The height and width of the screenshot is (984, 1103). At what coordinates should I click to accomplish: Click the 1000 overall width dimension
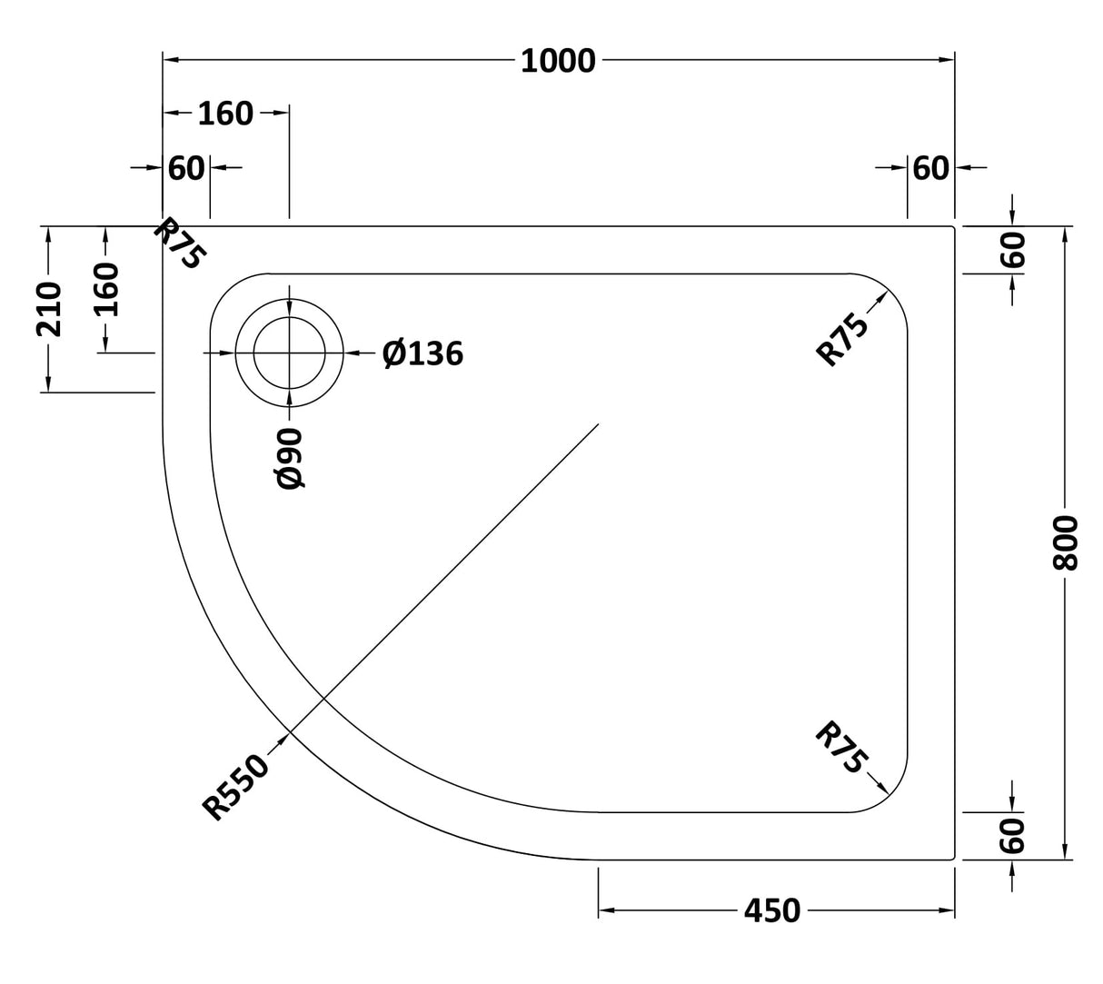(558, 61)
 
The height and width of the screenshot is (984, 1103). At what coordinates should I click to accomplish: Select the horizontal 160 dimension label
(225, 114)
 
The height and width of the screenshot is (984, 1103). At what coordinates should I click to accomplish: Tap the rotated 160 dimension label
(106, 288)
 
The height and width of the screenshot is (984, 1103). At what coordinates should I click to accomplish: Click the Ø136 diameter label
(422, 353)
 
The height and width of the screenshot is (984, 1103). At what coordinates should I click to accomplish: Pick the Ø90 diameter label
(290, 458)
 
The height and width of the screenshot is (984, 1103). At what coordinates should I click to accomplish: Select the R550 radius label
(236, 788)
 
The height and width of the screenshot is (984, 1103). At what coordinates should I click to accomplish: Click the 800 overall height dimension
(1064, 542)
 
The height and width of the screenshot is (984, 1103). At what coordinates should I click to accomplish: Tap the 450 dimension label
(772, 909)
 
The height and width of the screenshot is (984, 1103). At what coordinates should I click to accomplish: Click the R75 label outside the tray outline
(179, 243)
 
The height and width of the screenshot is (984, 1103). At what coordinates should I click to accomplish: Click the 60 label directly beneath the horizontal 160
(186, 168)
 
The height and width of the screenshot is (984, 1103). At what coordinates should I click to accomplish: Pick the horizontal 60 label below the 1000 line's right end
(930, 168)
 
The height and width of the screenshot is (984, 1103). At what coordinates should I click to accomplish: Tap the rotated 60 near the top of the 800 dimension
(1014, 249)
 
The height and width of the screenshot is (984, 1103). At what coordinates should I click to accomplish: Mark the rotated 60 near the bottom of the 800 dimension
(1014, 835)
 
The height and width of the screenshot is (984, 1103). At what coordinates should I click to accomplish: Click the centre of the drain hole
(289, 353)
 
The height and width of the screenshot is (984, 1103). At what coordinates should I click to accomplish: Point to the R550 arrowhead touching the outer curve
(288, 732)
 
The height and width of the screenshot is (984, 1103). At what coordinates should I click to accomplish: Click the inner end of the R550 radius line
(598, 424)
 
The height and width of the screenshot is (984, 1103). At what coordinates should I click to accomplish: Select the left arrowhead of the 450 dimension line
(603, 909)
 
